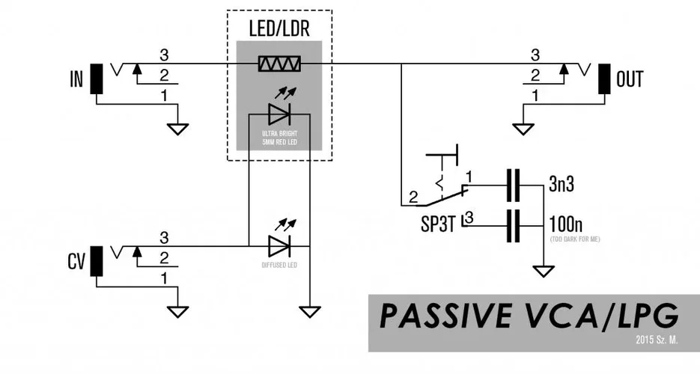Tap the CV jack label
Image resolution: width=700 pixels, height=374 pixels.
(x=75, y=262)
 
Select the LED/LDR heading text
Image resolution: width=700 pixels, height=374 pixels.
(x=279, y=31)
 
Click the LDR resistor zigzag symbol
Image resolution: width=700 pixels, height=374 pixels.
(x=279, y=65)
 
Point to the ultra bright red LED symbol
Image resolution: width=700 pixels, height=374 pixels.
(x=279, y=114)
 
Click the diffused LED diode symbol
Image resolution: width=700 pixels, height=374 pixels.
(x=279, y=245)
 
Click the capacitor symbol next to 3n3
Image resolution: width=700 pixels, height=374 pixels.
(x=513, y=186)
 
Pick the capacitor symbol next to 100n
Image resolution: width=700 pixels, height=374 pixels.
(x=513, y=225)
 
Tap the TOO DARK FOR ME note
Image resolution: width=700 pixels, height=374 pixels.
(x=575, y=239)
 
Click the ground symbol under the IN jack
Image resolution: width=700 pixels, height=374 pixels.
(x=177, y=128)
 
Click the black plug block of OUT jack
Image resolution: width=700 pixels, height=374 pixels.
(x=603, y=79)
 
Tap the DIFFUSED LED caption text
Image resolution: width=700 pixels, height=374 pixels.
(x=279, y=264)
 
